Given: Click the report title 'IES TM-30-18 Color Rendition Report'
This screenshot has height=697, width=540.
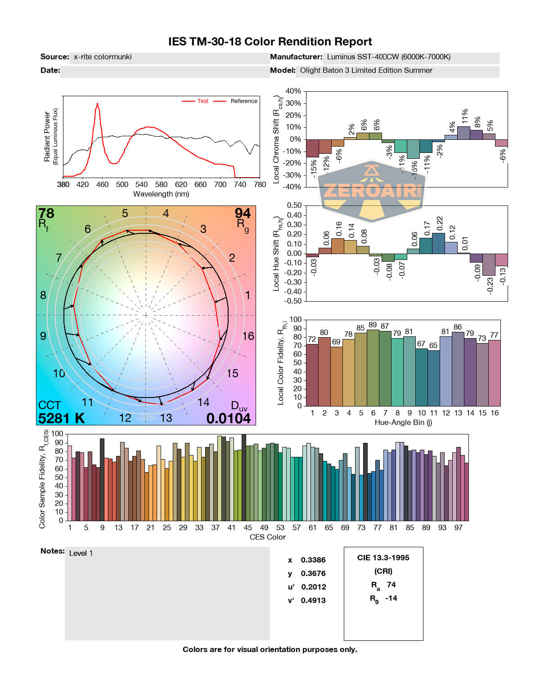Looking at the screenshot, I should click(270, 42).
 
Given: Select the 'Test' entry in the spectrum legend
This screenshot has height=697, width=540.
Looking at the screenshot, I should click(202, 101).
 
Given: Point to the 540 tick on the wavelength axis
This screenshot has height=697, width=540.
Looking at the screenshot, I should click(141, 184).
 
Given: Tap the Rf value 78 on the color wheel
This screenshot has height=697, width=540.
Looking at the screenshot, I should click(46, 213).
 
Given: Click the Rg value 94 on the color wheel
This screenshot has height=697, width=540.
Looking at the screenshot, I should click(243, 213).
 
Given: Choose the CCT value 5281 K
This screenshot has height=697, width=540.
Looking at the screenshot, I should click(62, 418).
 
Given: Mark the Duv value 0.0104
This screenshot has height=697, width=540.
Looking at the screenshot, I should click(229, 418).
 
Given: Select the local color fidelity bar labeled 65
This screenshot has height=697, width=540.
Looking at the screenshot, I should click(433, 378).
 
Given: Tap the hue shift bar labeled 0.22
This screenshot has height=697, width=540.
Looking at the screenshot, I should click(438, 243).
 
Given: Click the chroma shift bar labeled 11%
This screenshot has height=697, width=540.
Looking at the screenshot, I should click(463, 133).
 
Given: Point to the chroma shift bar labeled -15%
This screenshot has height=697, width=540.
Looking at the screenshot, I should click(312, 148).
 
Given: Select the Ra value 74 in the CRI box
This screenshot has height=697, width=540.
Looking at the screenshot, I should click(391, 585).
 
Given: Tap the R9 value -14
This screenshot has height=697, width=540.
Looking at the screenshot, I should click(391, 598).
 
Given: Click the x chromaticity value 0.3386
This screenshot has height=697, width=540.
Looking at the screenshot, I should click(313, 560).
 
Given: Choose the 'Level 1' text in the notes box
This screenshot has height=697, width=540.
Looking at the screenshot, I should click(81, 553).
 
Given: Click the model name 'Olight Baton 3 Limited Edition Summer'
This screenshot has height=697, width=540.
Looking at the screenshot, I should click(366, 70).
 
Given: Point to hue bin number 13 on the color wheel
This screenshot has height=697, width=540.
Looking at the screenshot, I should click(166, 418).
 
